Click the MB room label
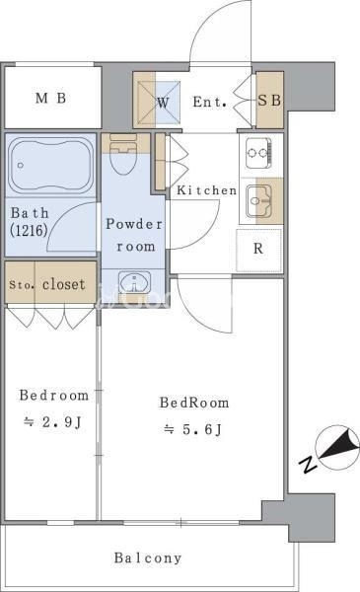(51, 98)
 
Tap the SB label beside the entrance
(269, 101)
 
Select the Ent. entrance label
(210, 102)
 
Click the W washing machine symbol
(163, 103)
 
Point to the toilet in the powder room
(122, 153)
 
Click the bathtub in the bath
(50, 166)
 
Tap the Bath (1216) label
(30, 222)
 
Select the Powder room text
(134, 235)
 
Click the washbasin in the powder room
(134, 282)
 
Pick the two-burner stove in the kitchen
(258, 153)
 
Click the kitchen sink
(258, 201)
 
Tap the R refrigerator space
(258, 250)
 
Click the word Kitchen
(207, 190)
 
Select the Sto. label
(22, 285)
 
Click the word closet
(64, 284)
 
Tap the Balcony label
(148, 557)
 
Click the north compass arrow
(340, 447)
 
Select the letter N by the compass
(308, 465)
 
